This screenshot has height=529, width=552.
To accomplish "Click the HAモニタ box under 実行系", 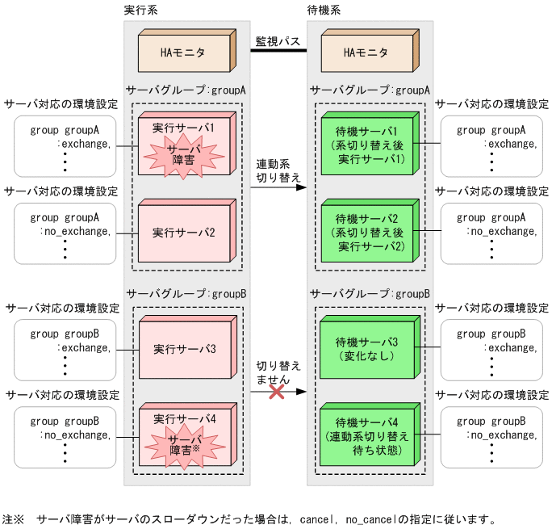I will (x=182, y=53).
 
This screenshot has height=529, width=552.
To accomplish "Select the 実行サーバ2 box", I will (x=184, y=233).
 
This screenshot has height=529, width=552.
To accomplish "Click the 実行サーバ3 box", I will (x=184, y=350).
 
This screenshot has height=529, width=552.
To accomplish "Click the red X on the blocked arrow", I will (x=277, y=392).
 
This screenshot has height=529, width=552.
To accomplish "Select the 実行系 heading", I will (x=140, y=10).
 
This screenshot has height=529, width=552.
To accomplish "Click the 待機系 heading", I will (x=324, y=10).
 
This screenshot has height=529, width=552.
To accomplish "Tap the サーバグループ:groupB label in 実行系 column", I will (x=186, y=293).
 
